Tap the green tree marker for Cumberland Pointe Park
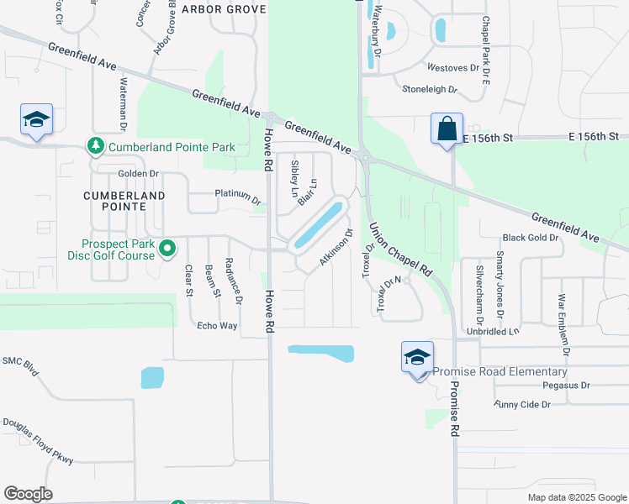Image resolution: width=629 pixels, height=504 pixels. pyautogui.click(x=95, y=147)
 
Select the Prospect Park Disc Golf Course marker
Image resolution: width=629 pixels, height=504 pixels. pyautogui.click(x=167, y=248)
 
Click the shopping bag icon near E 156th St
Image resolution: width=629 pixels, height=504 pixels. pyautogui.click(x=447, y=130)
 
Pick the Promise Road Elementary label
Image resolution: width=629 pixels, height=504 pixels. pyautogui.click(x=499, y=371)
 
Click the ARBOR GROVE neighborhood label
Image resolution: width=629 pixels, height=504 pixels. pyautogui.click(x=223, y=9)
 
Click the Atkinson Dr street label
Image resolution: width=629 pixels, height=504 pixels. pyautogui.click(x=335, y=248)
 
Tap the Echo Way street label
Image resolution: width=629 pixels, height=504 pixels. pyautogui.click(x=217, y=325)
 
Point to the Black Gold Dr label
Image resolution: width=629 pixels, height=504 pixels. pyautogui.click(x=531, y=238)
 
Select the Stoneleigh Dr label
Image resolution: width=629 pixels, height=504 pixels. pyautogui.click(x=429, y=88)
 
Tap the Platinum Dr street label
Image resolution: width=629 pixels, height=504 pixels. pyautogui.click(x=238, y=197)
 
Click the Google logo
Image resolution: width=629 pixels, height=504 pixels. pyautogui.click(x=28, y=494)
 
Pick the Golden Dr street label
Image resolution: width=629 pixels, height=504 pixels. pyautogui.click(x=138, y=174)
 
